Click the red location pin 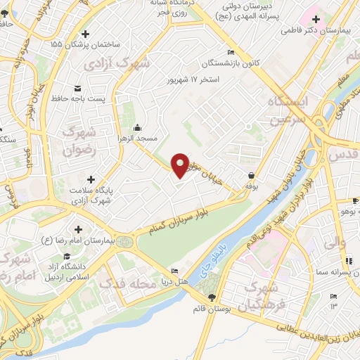[180, 165]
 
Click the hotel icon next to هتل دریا [174, 271]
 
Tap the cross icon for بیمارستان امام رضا [77, 229]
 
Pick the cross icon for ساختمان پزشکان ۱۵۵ [86, 33]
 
